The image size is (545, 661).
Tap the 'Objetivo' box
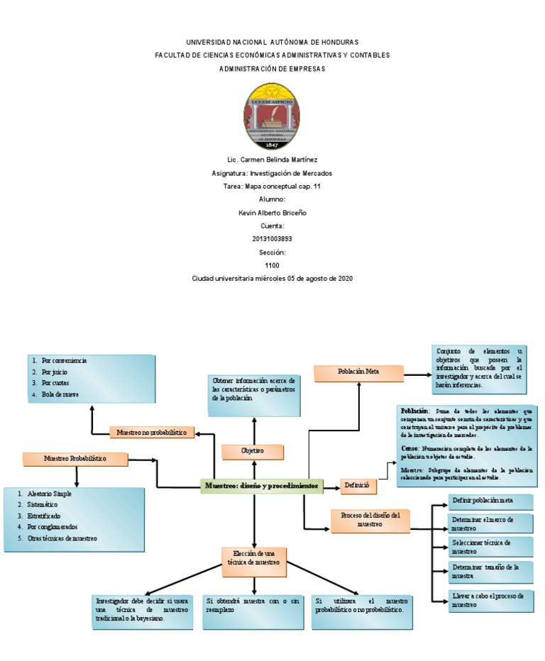click(253, 451)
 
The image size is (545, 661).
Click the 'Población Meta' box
click(358, 372)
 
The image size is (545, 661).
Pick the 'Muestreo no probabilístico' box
click(151, 432)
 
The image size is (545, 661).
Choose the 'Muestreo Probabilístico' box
click(75, 459)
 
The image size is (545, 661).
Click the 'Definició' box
click(358, 487)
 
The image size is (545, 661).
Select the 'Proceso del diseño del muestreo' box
click(370, 520)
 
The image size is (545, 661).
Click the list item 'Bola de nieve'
click(60, 394)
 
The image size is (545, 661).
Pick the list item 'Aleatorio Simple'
click(49, 493)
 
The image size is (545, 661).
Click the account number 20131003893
click(272, 239)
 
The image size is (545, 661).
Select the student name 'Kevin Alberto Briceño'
click(272, 213)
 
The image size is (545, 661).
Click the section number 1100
click(272, 265)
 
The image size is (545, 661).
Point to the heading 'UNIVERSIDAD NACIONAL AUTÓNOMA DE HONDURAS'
click(272, 43)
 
